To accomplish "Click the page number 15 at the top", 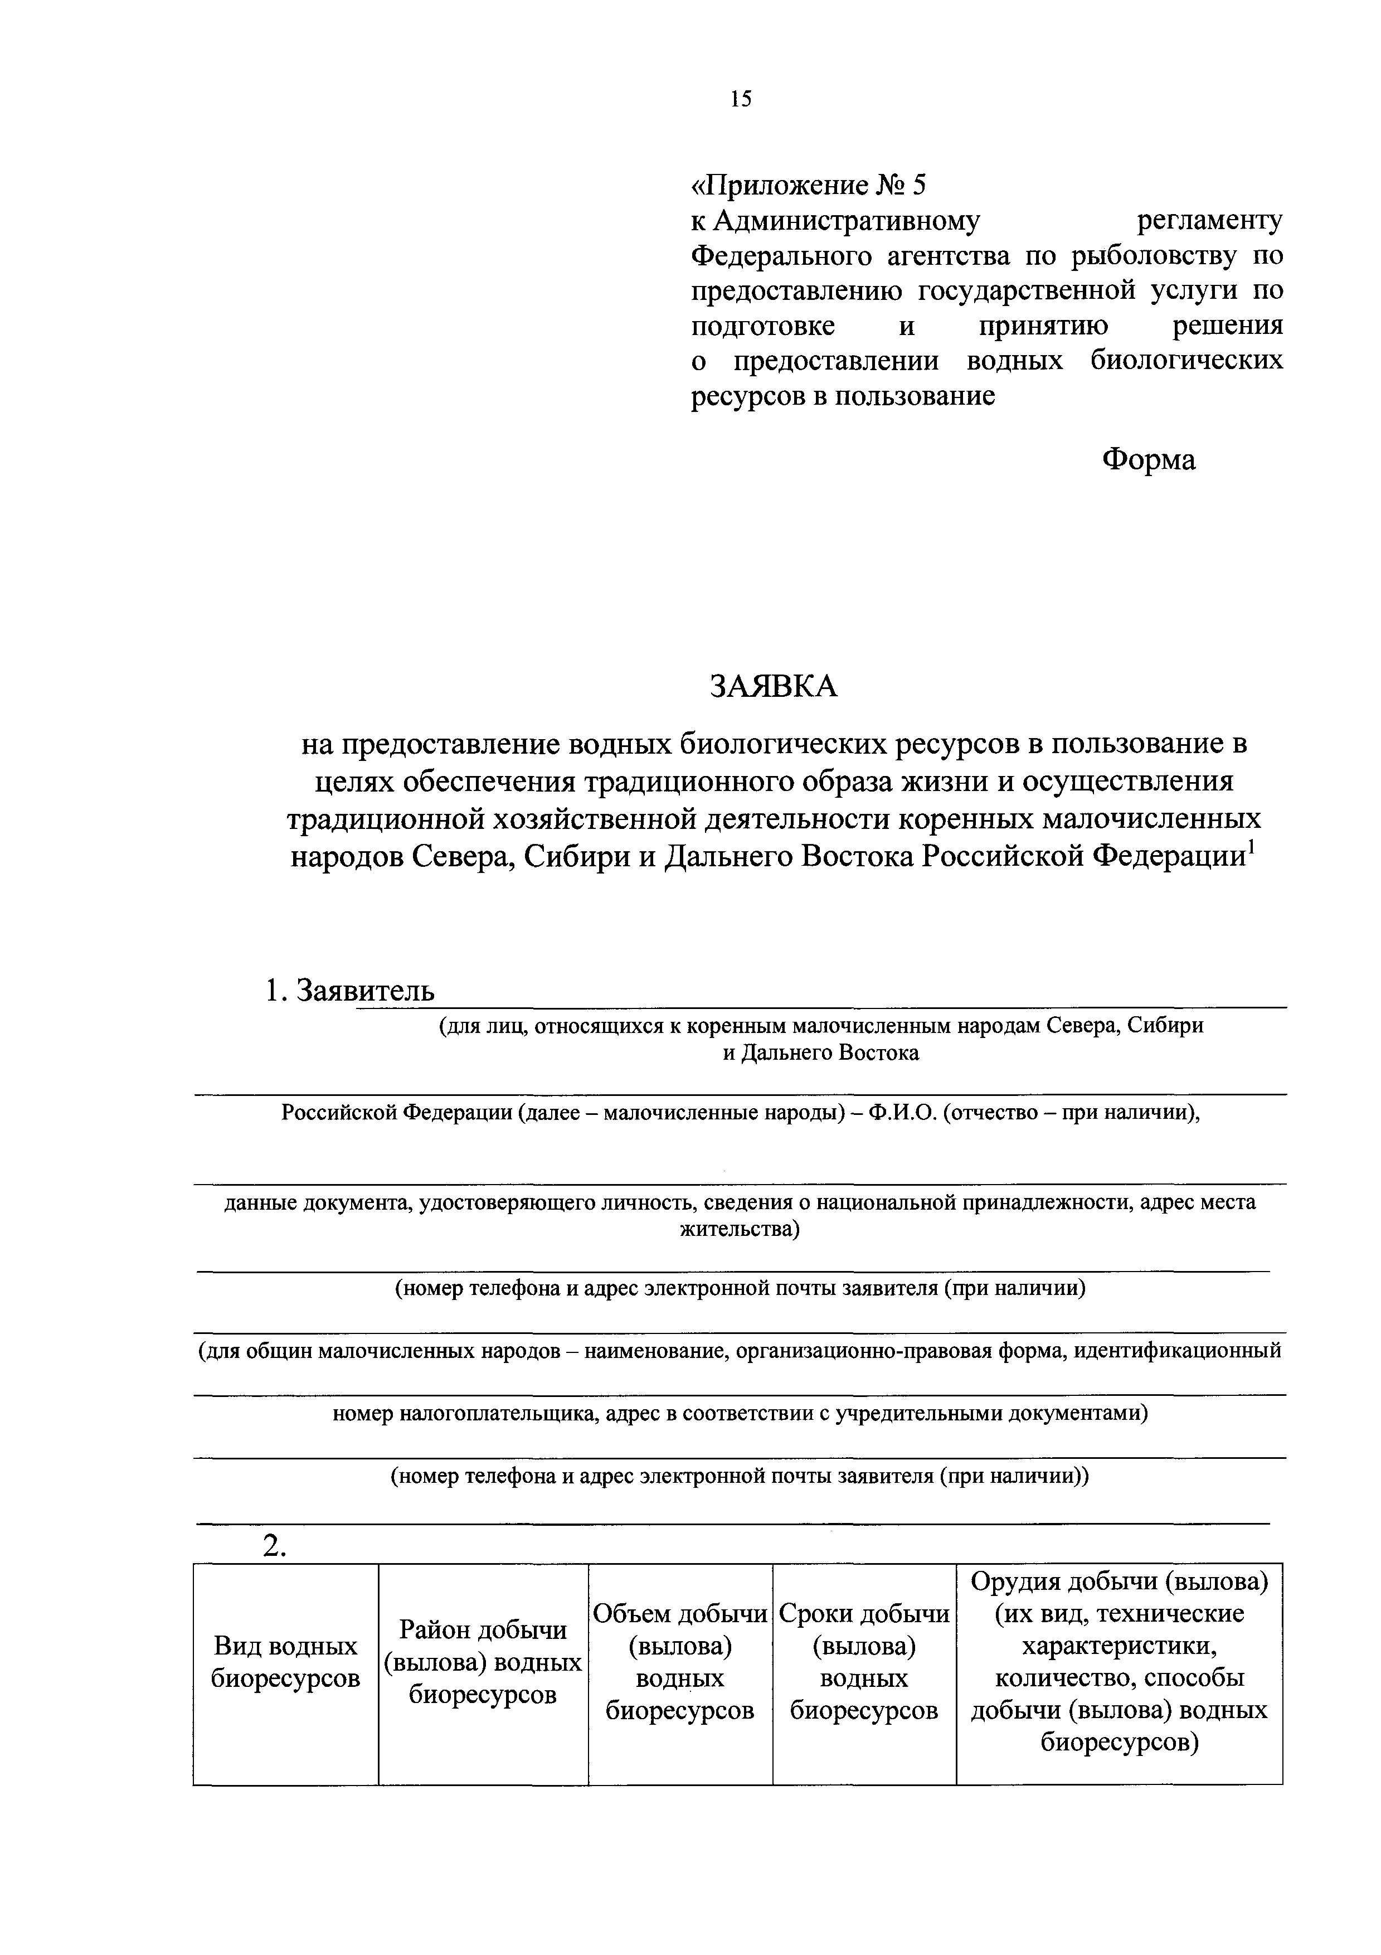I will (x=740, y=100).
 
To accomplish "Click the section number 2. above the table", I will (x=273, y=1549).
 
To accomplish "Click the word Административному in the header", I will (x=847, y=221).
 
